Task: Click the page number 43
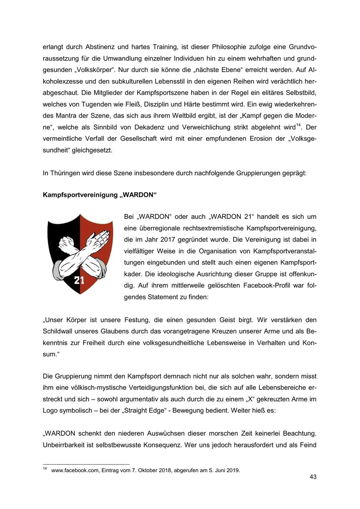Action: click(x=313, y=477)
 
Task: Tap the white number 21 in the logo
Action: click(x=79, y=280)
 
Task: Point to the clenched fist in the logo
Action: click(x=64, y=242)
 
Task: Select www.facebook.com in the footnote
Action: click(x=74, y=470)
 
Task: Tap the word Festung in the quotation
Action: click(x=125, y=320)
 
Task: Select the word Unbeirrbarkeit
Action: click(x=65, y=445)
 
